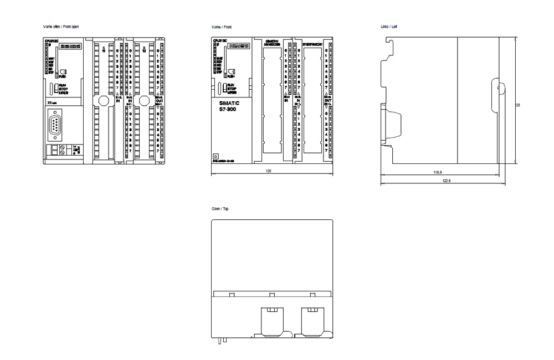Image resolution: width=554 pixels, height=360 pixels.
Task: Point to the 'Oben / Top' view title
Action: coord(219,209)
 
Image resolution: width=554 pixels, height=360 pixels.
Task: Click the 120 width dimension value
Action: coord(269,171)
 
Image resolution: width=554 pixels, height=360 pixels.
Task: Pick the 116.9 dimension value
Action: coord(438,172)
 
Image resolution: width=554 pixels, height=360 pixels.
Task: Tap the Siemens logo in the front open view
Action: coord(71,47)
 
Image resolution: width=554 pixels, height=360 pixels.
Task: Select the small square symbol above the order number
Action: coord(215,157)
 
